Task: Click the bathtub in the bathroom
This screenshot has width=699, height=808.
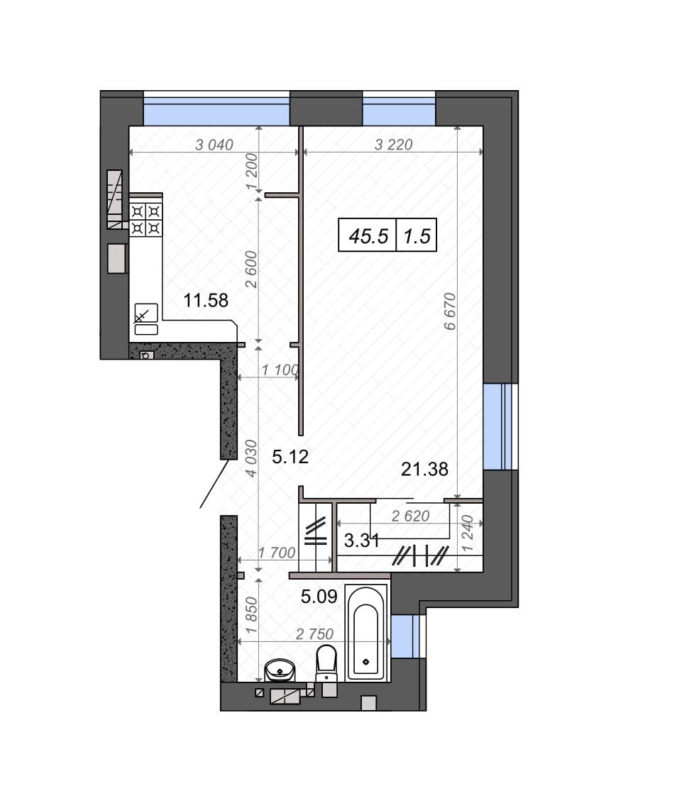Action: (x=366, y=633)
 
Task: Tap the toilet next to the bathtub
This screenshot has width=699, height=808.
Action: (x=326, y=664)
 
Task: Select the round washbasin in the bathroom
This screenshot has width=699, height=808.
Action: (x=280, y=671)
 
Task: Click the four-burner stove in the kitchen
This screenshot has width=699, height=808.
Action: (x=145, y=219)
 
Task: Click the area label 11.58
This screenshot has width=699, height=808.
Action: (x=206, y=300)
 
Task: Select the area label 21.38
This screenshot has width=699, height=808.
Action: (x=425, y=469)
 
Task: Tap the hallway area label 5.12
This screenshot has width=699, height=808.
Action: (x=290, y=457)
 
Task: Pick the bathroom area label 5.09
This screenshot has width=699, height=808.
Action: (x=319, y=597)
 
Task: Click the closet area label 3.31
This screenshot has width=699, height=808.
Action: (x=362, y=541)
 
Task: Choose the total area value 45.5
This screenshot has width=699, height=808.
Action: (x=368, y=236)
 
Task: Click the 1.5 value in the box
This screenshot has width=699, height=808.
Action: (x=417, y=236)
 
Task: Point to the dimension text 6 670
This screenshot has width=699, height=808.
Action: (x=449, y=311)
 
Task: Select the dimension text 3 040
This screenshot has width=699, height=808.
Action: (x=214, y=145)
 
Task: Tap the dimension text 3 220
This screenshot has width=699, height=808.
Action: (x=393, y=145)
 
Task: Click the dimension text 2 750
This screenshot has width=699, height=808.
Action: (x=314, y=633)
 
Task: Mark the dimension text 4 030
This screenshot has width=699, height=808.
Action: (x=251, y=458)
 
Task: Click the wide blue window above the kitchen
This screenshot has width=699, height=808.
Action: (x=216, y=109)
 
